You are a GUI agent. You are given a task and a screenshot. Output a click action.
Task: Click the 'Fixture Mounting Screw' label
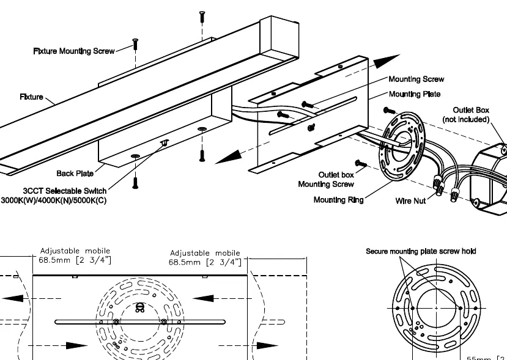pyautogui.click(x=74, y=51)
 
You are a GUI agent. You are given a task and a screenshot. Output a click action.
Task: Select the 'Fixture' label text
pyautogui.click(x=31, y=97)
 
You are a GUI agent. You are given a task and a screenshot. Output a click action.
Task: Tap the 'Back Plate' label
pyautogui.click(x=75, y=174)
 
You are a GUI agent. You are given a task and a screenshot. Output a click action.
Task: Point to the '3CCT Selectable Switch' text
pyautogui.click(x=65, y=191)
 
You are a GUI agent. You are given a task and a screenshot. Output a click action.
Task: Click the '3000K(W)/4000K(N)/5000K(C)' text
pyautogui.click(x=54, y=200)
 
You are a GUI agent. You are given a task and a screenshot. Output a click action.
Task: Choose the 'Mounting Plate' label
pyautogui.click(x=415, y=94)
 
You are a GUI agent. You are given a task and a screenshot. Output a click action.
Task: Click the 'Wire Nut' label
pyautogui.click(x=410, y=201)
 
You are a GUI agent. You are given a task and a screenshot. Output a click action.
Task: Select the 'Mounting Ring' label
pyautogui.click(x=339, y=200)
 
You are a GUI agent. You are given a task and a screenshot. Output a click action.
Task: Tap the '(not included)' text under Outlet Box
pyautogui.click(x=466, y=119)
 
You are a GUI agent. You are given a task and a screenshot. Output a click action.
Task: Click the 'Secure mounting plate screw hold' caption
pyautogui.click(x=421, y=251)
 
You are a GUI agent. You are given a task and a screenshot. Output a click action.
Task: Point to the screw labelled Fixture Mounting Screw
pyautogui.click(x=135, y=44)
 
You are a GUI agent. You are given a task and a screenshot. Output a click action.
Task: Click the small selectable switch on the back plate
pyautogui.click(x=165, y=142)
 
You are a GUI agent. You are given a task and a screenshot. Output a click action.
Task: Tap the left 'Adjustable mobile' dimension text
pyautogui.click(x=75, y=255)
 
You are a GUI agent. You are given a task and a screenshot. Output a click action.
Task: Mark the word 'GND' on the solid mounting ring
pyautogui.click(x=413, y=331)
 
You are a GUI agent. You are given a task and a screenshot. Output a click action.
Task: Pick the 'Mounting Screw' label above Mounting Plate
pyautogui.click(x=416, y=79)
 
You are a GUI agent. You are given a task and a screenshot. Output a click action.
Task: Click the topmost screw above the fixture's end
pyautogui.click(x=202, y=16)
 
